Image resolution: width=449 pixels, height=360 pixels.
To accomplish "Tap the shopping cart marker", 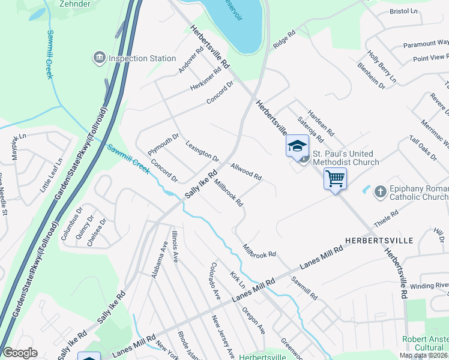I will (x=335, y=178).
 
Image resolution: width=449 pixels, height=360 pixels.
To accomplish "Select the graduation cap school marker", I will (x=297, y=146).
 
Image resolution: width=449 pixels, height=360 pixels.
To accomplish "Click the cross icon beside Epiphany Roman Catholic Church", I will (x=380, y=192).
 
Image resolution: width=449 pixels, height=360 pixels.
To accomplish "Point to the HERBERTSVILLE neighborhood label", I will (x=379, y=240).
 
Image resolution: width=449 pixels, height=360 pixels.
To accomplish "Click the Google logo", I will (x=20, y=353).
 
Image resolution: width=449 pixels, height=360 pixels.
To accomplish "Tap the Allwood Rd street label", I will (x=246, y=172).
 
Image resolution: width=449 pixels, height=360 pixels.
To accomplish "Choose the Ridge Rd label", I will (x=285, y=40).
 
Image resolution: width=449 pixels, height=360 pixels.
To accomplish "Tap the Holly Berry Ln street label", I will (x=382, y=67).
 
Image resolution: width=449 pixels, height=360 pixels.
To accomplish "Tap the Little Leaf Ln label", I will (x=51, y=175).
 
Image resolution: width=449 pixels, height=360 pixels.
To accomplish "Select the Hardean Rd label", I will (x=321, y=120).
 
